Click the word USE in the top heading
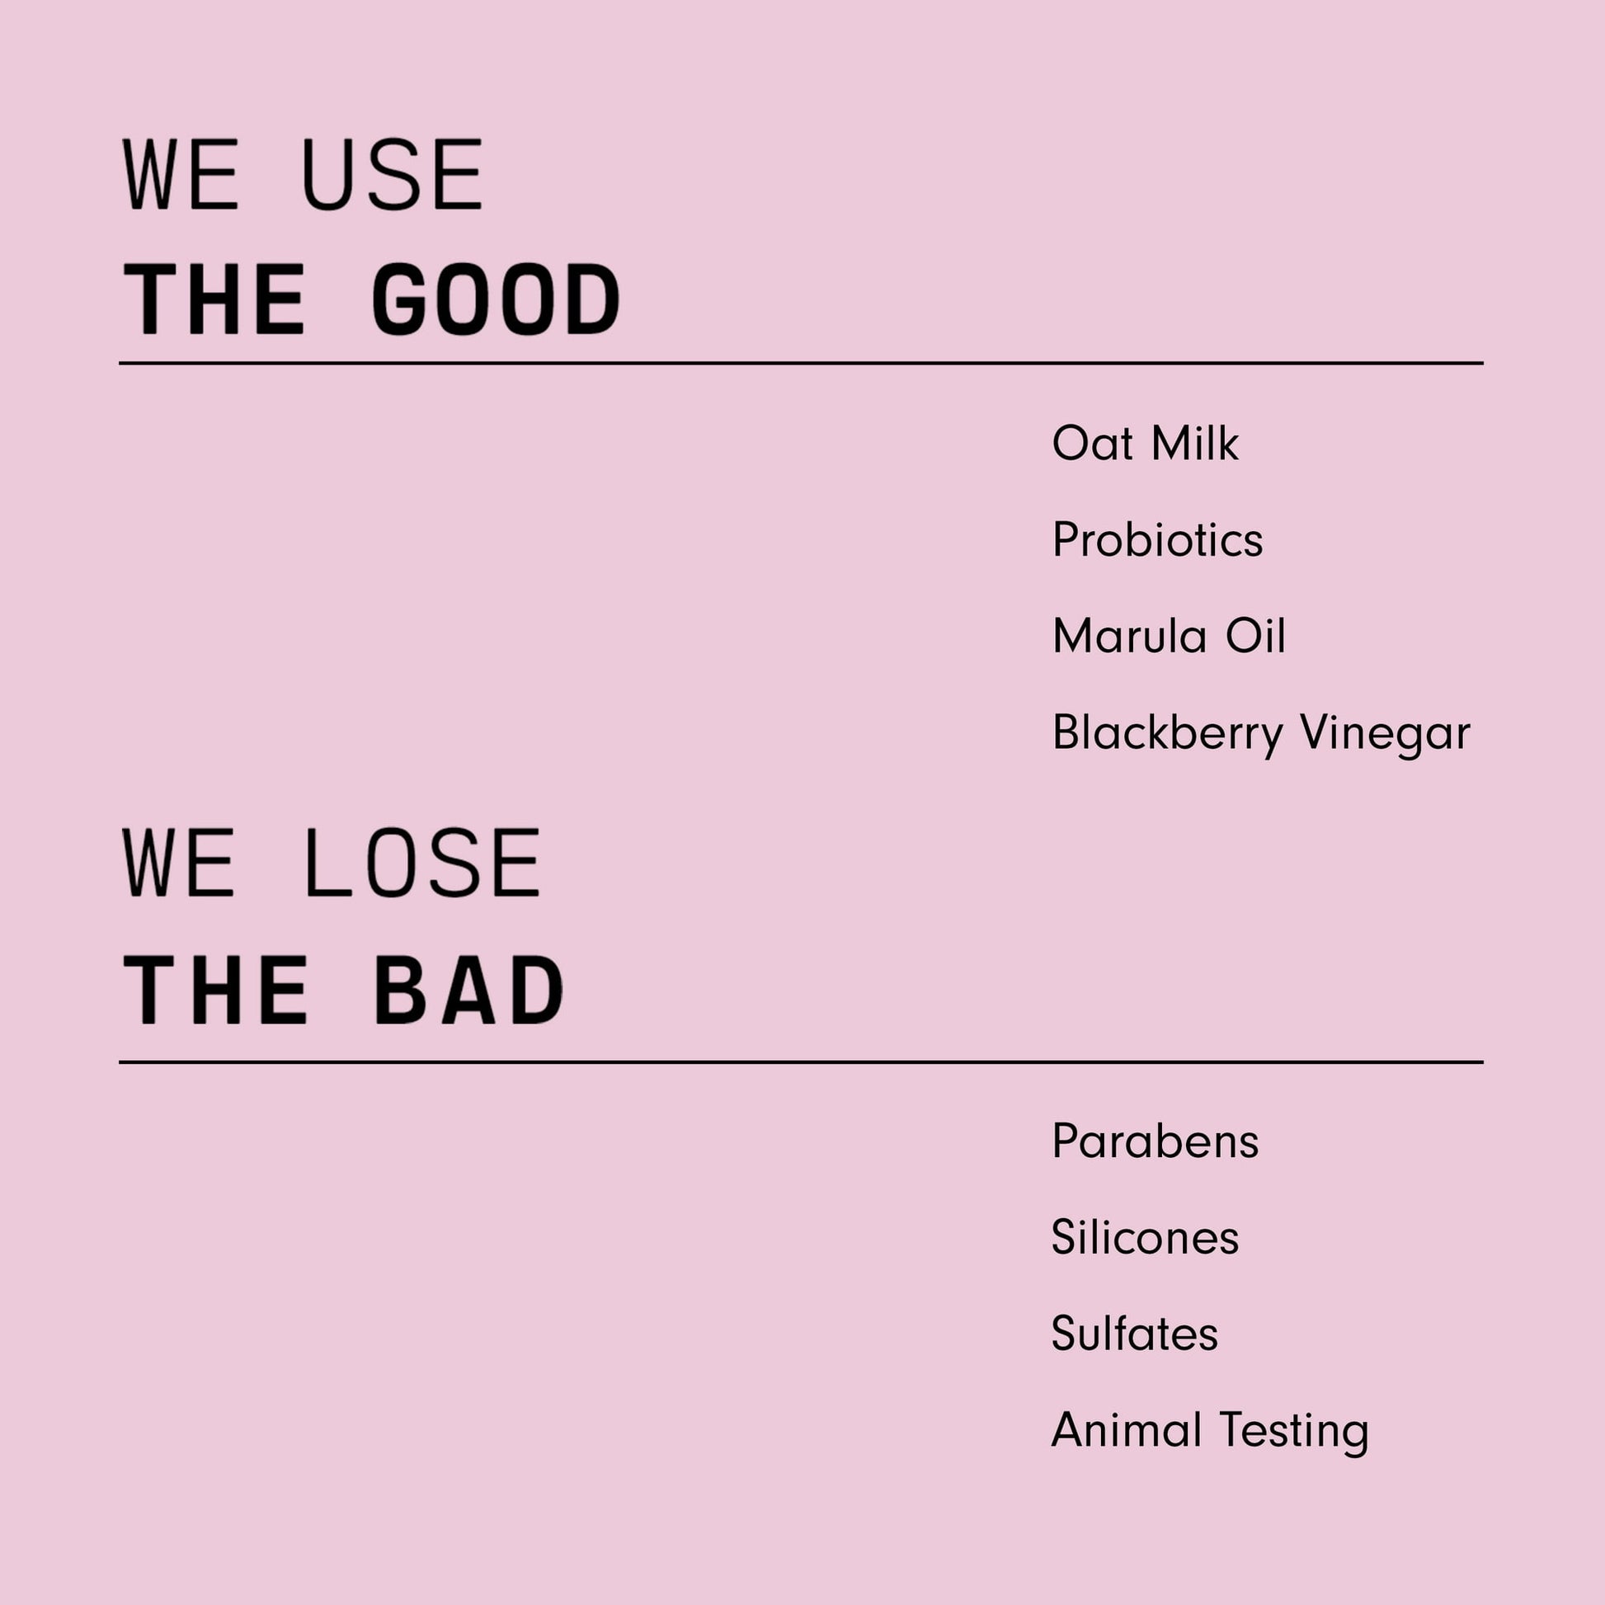pyautogui.click(x=392, y=175)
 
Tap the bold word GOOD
pyautogui.click(x=496, y=299)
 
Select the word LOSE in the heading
pyautogui.click(x=424, y=864)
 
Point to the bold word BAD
pyautogui.click(x=469, y=990)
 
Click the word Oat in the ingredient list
pyautogui.click(x=1093, y=443)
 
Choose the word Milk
pyautogui.click(x=1194, y=443)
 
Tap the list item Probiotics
pyautogui.click(x=1157, y=540)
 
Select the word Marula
pyautogui.click(x=1129, y=637)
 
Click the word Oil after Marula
pyautogui.click(x=1255, y=637)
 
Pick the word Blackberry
pyautogui.click(x=1168, y=734)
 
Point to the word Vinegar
pyautogui.click(x=1385, y=734)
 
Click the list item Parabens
pyautogui.click(x=1156, y=1141)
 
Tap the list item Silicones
pyautogui.click(x=1146, y=1238)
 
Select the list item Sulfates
pyautogui.click(x=1135, y=1334)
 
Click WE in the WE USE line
pyautogui.click(x=181, y=175)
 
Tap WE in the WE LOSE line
pyautogui.click(x=180, y=864)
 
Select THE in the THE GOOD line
pyautogui.click(x=214, y=299)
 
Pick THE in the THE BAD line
pyautogui.click(x=215, y=990)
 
